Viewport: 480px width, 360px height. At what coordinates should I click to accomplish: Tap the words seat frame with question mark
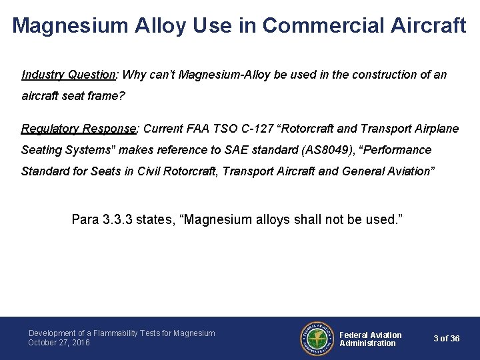pos(91,96)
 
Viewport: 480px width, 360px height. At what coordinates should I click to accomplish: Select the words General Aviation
pos(387,171)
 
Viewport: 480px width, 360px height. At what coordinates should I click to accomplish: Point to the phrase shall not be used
pos(345,219)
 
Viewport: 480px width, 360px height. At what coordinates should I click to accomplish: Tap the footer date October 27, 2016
pos(59,343)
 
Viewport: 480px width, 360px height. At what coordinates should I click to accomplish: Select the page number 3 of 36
pos(446,339)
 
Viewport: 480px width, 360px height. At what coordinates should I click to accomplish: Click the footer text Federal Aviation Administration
pos(371,339)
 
